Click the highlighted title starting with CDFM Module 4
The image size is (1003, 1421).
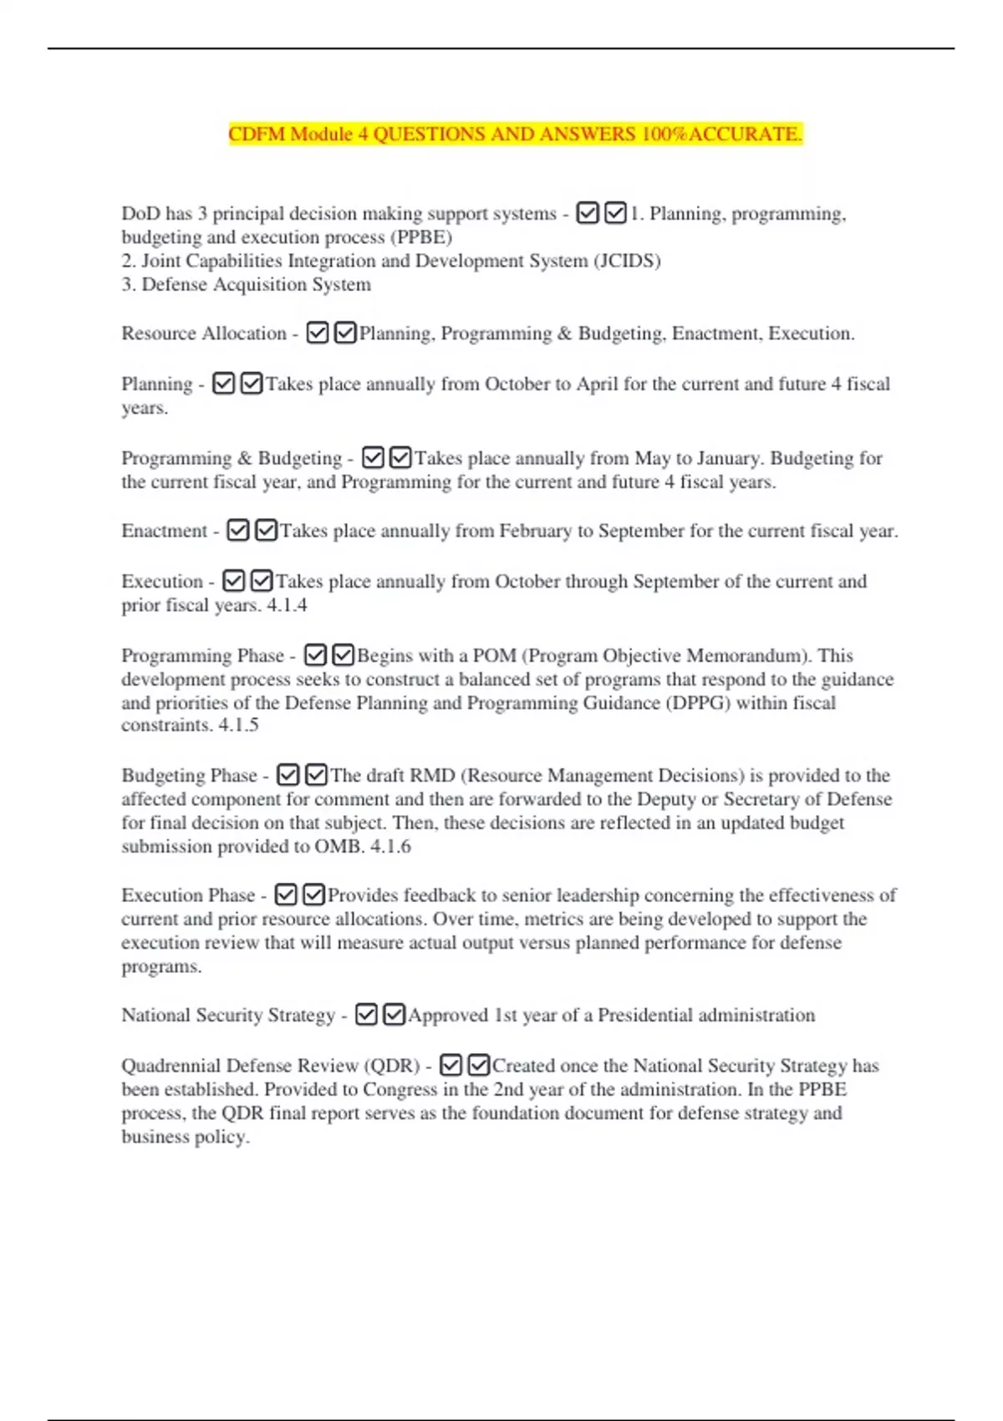515,134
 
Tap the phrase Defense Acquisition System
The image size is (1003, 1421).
256,285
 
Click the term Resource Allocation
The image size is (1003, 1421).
203,334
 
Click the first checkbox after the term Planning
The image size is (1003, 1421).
223,384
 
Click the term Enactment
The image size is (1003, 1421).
164,531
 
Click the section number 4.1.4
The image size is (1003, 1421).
287,605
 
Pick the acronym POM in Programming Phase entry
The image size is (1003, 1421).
494,655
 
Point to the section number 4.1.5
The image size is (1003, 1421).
238,726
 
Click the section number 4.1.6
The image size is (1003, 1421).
390,847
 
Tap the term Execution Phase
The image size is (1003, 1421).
188,895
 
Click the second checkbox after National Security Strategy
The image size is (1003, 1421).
395,1015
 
